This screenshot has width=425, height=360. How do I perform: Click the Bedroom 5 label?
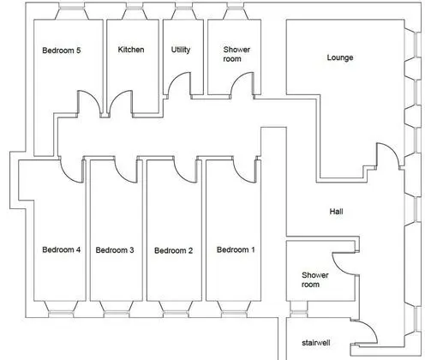[x=62, y=51]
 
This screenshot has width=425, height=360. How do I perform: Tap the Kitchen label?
[x=131, y=50]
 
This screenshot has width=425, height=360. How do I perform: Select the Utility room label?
[x=181, y=50]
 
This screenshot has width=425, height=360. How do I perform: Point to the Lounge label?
[x=340, y=57]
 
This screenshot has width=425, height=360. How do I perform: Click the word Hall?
[x=336, y=212]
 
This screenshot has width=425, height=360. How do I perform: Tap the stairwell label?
[x=316, y=343]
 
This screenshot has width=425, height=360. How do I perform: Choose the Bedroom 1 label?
[x=236, y=249]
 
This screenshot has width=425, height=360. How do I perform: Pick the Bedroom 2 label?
[x=173, y=250]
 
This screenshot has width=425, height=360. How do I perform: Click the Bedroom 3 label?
[x=115, y=250]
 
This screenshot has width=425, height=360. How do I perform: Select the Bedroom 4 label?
[x=62, y=249]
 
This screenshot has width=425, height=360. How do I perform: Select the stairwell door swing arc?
[x=371, y=327]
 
